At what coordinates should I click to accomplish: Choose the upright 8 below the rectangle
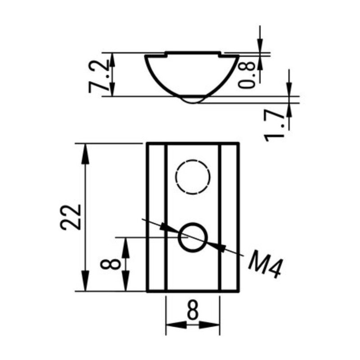tap(193, 310)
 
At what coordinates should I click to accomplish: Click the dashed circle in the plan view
tap(193, 176)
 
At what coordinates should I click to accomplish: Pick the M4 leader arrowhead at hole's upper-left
tap(167, 228)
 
